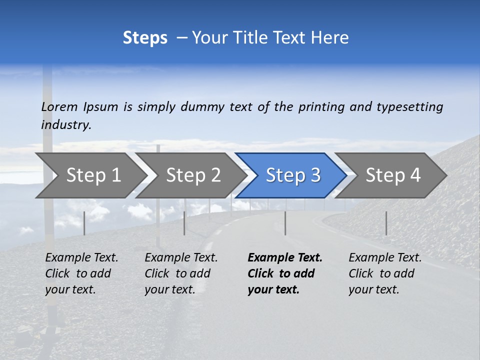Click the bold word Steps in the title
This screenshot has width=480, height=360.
pos(145,38)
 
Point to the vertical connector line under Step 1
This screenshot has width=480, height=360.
pos(84,223)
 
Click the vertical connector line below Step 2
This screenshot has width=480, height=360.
pos(184,223)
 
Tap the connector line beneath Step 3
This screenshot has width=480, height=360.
pos(285,223)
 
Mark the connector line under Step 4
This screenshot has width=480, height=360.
pos(386,223)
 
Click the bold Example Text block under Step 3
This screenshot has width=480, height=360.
pos(285,273)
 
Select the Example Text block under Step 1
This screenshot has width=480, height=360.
pos(81,273)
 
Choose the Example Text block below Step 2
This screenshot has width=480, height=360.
pos(181,273)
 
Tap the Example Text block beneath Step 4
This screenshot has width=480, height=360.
pos(385,273)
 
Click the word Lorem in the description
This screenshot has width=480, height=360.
pos(59,107)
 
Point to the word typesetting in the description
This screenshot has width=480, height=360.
pos(409,107)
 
